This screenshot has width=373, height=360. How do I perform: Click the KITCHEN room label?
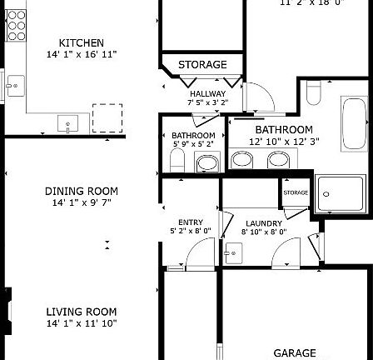tap(81, 42)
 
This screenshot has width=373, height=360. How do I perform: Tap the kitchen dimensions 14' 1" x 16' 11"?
tap(81, 52)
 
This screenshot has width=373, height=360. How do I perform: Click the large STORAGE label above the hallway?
tap(202, 65)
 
